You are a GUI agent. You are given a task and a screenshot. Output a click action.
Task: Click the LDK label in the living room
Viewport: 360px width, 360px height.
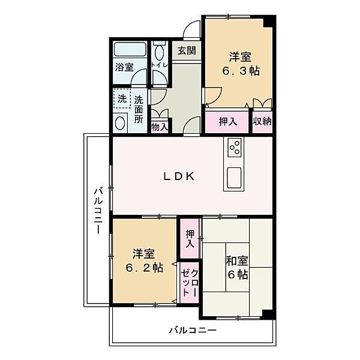(x=179, y=176)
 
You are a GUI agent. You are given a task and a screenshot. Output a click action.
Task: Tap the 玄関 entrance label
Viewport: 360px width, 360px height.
(x=187, y=51)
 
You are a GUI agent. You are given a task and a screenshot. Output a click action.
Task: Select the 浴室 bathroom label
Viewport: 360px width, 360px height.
(x=124, y=67)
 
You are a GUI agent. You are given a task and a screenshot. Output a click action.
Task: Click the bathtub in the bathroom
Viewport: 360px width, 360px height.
(x=130, y=49)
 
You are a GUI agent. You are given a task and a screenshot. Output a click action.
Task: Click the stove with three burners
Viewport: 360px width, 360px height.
(x=234, y=148)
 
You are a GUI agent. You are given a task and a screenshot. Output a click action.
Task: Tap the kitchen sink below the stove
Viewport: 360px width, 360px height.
(x=234, y=178)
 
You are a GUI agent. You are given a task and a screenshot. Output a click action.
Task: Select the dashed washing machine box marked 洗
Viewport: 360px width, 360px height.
(x=122, y=99)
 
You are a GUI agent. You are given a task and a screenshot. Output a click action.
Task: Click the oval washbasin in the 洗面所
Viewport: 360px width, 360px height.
(x=120, y=123)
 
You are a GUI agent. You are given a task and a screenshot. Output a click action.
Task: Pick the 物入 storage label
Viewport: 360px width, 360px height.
(x=160, y=127)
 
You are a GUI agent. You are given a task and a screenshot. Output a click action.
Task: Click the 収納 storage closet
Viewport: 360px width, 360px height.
(x=262, y=122)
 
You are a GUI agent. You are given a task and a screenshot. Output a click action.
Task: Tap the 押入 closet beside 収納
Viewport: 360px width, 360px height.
(x=227, y=122)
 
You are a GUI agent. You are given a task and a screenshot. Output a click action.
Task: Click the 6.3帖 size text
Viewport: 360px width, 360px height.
(x=241, y=71)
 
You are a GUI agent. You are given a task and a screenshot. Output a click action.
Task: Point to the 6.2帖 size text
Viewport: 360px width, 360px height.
(x=145, y=268)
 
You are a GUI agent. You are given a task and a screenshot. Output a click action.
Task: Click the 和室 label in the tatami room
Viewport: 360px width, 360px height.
(x=238, y=261)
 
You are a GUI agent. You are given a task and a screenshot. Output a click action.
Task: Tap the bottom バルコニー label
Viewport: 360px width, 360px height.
(x=193, y=331)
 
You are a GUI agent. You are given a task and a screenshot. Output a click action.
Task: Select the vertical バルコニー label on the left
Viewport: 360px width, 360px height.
(x=98, y=211)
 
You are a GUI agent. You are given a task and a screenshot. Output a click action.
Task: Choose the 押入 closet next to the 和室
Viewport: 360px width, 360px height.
(x=190, y=239)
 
